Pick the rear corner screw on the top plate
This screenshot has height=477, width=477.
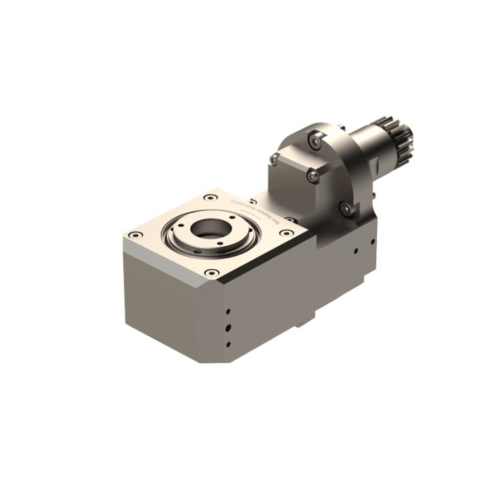[208, 197]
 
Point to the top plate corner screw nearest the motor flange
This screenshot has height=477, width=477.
[290, 220]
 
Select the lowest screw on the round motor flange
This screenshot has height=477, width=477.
[346, 207]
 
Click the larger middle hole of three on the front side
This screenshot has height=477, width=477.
[229, 326]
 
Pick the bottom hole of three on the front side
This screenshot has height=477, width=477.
[229, 344]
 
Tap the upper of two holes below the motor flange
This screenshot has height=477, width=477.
[372, 240]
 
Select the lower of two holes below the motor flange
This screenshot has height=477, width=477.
[356, 249]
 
